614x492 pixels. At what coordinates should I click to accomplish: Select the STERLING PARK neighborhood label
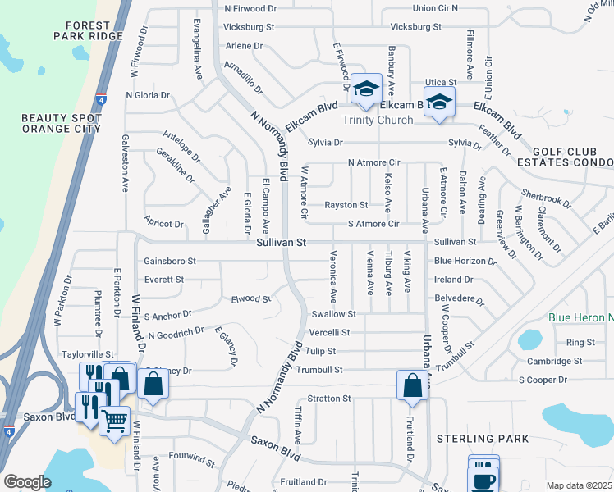[x=482, y=440]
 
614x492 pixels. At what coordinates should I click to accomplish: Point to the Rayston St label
[x=346, y=205]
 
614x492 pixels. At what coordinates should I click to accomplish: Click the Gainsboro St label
[x=170, y=261]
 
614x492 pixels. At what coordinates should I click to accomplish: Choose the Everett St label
[x=163, y=280]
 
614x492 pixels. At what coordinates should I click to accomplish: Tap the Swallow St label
[x=334, y=314]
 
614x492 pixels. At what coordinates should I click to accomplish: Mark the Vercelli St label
[x=329, y=333]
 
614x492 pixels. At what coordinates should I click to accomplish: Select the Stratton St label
[x=329, y=399]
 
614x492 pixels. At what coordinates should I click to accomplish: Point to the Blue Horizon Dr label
[x=465, y=261]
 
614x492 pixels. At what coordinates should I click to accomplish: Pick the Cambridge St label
[x=555, y=361]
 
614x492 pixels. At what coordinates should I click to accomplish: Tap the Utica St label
[x=434, y=84]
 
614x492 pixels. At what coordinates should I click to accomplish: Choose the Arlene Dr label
[x=243, y=46]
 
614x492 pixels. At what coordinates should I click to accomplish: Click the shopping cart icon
[x=115, y=420]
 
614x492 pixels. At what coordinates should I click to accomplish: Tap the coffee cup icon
[x=484, y=480]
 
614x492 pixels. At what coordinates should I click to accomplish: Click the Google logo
[x=27, y=481]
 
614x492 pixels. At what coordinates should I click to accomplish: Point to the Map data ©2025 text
[x=578, y=485]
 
